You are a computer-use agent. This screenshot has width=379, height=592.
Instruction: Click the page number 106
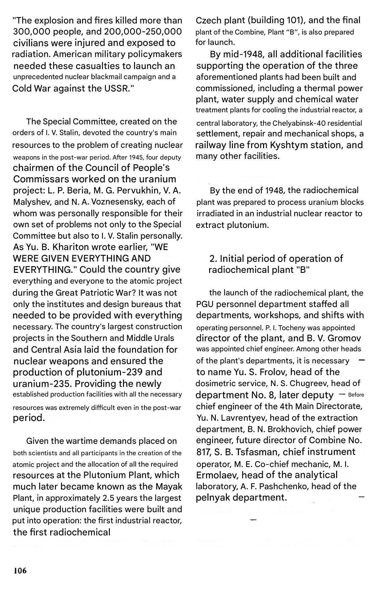pyautogui.click(x=20, y=571)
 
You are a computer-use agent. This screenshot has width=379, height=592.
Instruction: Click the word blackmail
pyautogui.click(x=113, y=77)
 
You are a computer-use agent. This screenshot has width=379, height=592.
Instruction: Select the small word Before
pyautogui.click(x=356, y=395)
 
